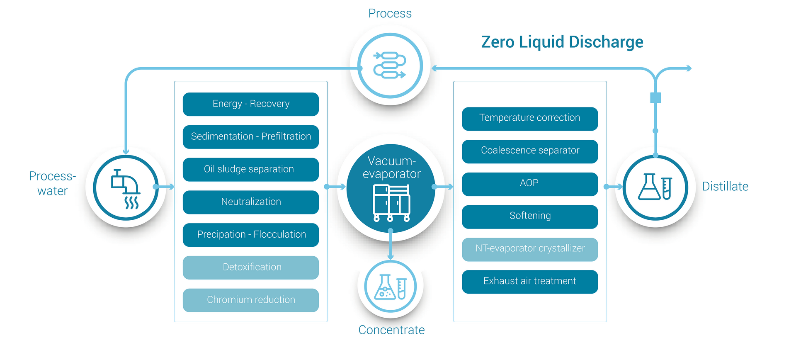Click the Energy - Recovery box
(251, 104)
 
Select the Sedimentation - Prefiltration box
(251, 137)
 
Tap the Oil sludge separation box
(251, 169)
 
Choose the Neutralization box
(251, 202)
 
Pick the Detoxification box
(251, 268)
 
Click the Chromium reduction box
(251, 300)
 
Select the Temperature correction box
(530, 119)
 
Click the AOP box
(530, 184)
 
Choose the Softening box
(530, 216)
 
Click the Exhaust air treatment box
(530, 282)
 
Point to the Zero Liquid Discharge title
(562, 42)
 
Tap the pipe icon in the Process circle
(390, 65)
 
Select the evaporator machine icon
(391, 203)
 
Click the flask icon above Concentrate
(390, 287)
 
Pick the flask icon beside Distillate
(655, 187)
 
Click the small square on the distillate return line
(655, 98)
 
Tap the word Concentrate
(391, 330)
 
